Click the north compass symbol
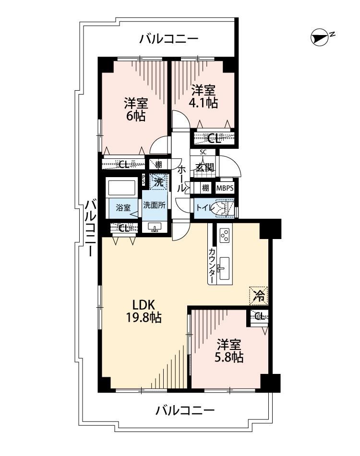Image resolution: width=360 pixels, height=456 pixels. pyautogui.click(x=319, y=37)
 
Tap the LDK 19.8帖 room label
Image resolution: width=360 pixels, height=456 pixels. pyautogui.click(x=144, y=311)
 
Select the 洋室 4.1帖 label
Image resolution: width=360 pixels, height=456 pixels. pyautogui.click(x=204, y=96)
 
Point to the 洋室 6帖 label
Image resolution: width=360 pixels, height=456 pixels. pyautogui.click(x=136, y=109)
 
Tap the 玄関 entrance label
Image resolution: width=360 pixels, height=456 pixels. pyautogui.click(x=204, y=168)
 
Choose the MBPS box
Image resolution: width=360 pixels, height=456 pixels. pyautogui.click(x=225, y=188)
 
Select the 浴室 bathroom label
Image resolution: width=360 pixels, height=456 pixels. pyautogui.click(x=123, y=208)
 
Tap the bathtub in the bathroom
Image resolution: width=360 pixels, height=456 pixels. pyautogui.click(x=121, y=187)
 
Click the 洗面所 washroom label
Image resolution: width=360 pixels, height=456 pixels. pyautogui.click(x=154, y=205)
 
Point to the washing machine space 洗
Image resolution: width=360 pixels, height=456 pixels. pyautogui.click(x=158, y=182)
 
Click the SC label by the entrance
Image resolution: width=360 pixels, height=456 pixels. pyautogui.click(x=203, y=152)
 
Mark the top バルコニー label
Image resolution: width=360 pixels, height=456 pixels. pyautogui.click(x=168, y=38)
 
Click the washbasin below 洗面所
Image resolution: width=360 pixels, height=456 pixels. pyautogui.click(x=155, y=228)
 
